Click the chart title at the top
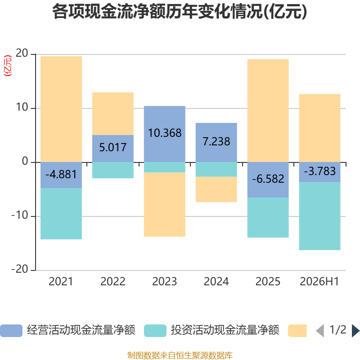(180, 12)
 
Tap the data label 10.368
(165, 133)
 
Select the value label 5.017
(113, 147)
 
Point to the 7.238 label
(216, 141)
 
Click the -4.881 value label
(61, 174)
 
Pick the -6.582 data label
(268, 179)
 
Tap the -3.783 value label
(319, 171)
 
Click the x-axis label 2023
(165, 282)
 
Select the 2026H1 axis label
(319, 282)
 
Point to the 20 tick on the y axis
(22, 53)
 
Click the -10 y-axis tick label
(20, 216)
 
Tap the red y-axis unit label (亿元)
(8, 66)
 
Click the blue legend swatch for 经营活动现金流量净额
(11, 331)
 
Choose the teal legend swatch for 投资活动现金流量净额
(155, 331)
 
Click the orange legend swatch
(297, 331)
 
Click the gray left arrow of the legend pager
(320, 331)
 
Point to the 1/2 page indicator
(338, 330)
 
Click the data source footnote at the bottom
(180, 355)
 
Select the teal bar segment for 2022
(113, 170)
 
